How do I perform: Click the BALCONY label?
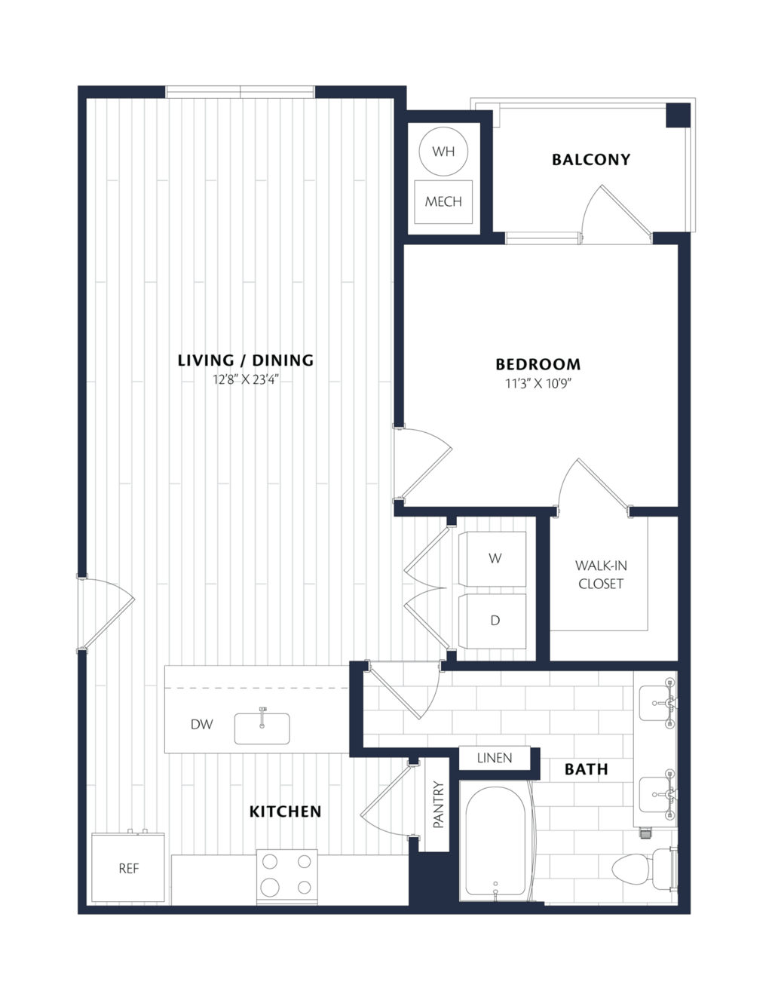(x=591, y=160)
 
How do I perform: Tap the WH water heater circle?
(x=443, y=152)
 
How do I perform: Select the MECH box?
(x=443, y=201)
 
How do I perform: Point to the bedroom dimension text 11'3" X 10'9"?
(x=538, y=383)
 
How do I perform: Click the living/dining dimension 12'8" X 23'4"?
(x=246, y=379)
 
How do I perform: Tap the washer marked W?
(x=492, y=559)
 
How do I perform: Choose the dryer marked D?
(x=492, y=621)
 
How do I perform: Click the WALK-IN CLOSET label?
(x=600, y=575)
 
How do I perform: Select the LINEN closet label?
(x=495, y=758)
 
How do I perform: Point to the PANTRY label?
(x=438, y=805)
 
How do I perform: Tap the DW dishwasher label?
(x=201, y=724)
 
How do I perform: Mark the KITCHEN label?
(x=285, y=811)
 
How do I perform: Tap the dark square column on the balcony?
(x=679, y=115)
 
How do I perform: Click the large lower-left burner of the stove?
(x=270, y=886)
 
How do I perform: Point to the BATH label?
(x=586, y=769)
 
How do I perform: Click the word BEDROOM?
(x=538, y=364)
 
